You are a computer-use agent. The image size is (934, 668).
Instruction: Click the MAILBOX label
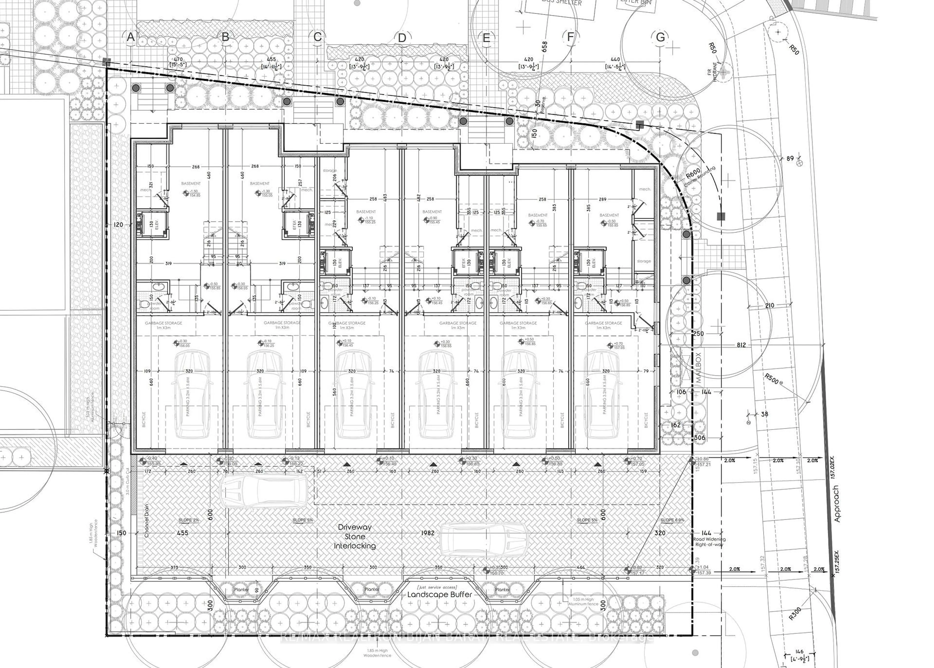coord(699,367)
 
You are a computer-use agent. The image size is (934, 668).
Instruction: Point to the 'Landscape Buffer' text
coord(439,594)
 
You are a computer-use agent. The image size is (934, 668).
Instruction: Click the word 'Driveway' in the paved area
coord(355,527)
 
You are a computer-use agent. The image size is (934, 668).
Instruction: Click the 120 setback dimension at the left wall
coord(118,225)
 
